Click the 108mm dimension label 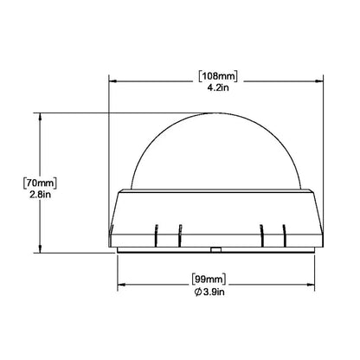click(218, 76)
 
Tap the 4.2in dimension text click(218, 87)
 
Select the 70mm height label click(40, 183)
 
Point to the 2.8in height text click(40, 195)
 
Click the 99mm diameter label click(209, 280)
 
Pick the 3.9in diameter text click(214, 292)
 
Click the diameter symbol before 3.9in click(197, 292)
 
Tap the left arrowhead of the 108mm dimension click(112, 81)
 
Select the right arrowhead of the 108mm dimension click(319, 81)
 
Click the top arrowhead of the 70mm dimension click(40, 116)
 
